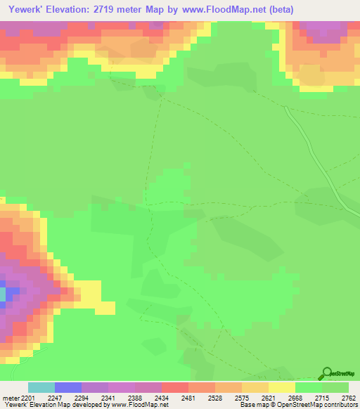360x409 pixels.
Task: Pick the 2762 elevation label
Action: tap(348, 398)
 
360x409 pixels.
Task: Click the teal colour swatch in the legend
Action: tap(41, 387)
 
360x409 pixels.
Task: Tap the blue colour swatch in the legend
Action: tap(67, 387)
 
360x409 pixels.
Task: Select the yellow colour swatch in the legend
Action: tap(281, 387)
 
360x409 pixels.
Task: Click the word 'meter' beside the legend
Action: tap(10, 398)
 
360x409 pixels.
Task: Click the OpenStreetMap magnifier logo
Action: tap(326, 374)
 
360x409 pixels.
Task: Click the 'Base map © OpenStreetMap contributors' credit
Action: tap(298, 405)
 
